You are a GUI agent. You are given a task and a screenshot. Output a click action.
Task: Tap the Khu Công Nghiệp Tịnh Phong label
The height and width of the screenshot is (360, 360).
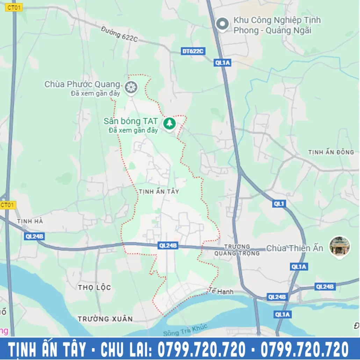(x=277, y=26)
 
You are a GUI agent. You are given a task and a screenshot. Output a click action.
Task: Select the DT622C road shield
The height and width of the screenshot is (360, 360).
(x=193, y=51)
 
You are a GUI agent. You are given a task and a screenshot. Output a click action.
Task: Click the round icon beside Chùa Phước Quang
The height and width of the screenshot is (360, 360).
(x=131, y=87)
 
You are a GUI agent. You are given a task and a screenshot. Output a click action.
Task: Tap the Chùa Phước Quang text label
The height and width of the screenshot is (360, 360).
(x=82, y=85)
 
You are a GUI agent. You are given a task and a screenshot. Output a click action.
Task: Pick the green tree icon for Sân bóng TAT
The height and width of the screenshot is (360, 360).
(x=170, y=123)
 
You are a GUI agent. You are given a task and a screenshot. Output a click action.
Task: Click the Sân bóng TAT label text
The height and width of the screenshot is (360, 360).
(x=131, y=122)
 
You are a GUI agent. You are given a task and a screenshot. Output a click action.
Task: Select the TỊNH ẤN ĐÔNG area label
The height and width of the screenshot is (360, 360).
(x=331, y=152)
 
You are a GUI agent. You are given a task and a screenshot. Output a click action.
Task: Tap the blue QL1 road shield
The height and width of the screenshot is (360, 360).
(x=279, y=204)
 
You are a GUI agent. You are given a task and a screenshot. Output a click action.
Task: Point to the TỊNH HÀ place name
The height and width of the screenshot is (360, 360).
(x=30, y=221)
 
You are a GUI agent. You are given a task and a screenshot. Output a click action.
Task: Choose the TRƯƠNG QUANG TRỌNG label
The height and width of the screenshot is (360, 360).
(x=237, y=250)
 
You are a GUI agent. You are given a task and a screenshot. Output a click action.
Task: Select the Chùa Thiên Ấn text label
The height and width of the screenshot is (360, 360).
(x=295, y=248)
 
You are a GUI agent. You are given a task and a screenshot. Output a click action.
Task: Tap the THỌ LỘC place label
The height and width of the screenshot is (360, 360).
(x=94, y=287)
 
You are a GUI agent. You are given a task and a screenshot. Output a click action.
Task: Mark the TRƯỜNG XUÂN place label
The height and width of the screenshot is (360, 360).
(x=105, y=319)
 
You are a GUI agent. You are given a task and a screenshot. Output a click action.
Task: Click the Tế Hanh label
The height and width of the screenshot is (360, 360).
(x=221, y=291)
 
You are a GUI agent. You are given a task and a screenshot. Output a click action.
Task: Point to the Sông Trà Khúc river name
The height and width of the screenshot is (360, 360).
(x=185, y=330)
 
